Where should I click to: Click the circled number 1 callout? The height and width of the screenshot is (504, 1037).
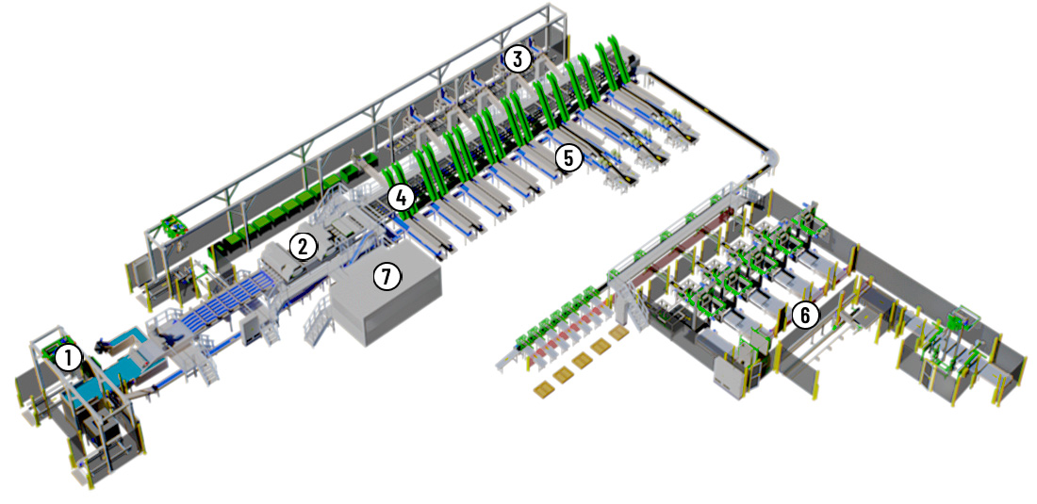(69, 359)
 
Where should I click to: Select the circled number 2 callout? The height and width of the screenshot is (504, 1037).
(303, 247)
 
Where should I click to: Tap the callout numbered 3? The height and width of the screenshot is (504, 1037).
(518, 59)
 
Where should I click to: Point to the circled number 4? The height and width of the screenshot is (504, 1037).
(402, 197)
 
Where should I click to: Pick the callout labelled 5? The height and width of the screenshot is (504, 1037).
(568, 157)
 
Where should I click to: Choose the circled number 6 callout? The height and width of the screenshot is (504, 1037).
(804, 316)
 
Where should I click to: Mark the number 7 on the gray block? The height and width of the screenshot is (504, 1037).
(387, 276)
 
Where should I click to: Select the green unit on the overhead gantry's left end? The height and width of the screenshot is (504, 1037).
(173, 224)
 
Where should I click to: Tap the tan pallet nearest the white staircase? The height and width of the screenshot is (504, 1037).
(619, 333)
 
